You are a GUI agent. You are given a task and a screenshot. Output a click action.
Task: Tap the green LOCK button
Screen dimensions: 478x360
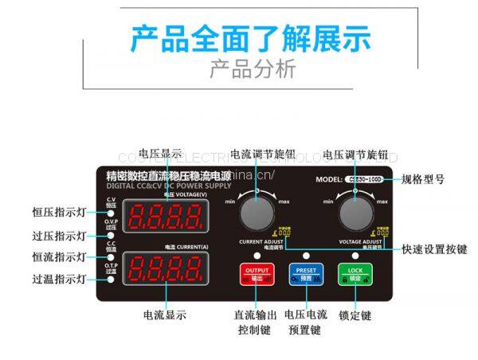[x=355, y=273]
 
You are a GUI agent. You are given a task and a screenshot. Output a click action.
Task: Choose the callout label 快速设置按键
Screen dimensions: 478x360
[x=435, y=249]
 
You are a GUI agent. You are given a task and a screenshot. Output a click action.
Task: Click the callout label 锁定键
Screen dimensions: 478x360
[x=355, y=315]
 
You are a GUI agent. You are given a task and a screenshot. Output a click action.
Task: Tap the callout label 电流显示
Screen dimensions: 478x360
[x=165, y=315]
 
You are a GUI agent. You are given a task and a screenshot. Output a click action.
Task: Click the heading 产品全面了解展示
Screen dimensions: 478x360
[x=239, y=37]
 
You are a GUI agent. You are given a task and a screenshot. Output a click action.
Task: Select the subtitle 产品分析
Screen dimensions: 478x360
[x=240, y=69]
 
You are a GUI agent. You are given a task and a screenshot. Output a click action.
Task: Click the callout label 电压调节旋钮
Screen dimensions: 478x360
[x=355, y=154]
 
